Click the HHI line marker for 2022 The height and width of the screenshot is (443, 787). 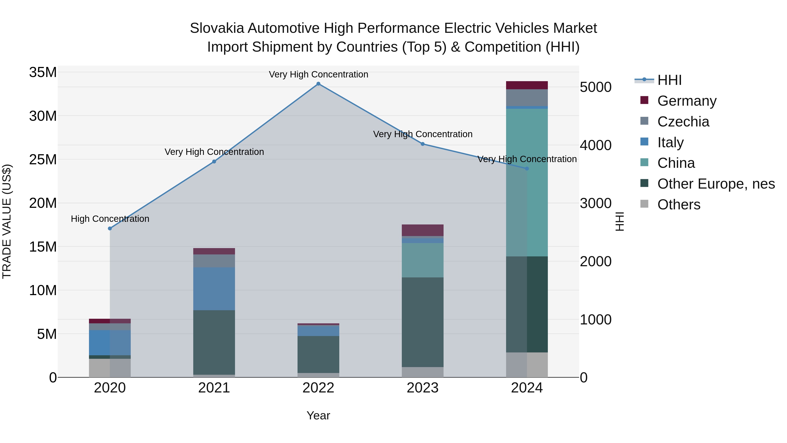tap(318, 84)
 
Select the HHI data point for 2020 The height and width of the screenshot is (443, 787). tap(110, 228)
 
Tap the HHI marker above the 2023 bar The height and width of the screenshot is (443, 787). tap(423, 144)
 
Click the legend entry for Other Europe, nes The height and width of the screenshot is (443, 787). tap(716, 184)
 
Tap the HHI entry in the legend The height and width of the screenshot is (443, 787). tap(669, 80)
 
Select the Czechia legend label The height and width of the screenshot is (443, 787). tap(683, 122)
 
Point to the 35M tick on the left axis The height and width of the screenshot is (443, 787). tap(43, 72)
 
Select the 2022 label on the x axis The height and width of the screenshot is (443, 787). tap(318, 388)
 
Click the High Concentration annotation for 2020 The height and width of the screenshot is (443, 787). tap(110, 219)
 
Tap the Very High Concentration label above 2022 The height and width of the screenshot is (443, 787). tap(318, 74)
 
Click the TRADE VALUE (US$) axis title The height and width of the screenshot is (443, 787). tap(7, 221)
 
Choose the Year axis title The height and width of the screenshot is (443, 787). tap(318, 415)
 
